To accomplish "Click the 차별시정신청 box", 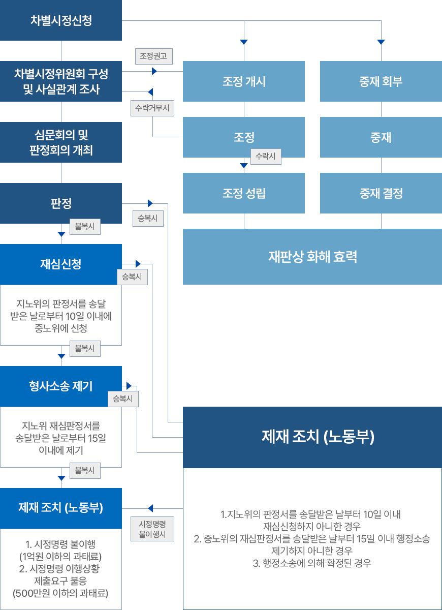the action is pyautogui.click(x=61, y=20).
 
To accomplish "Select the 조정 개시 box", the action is pyautogui.click(x=243, y=81).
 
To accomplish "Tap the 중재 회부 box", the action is pyautogui.click(x=381, y=81).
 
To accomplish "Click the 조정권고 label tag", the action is pyautogui.click(x=154, y=56).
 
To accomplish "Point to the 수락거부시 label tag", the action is pyautogui.click(x=152, y=108).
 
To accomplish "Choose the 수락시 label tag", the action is pyautogui.click(x=266, y=157).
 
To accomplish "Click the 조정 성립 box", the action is pyautogui.click(x=243, y=193).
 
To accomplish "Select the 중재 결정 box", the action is pyautogui.click(x=381, y=193).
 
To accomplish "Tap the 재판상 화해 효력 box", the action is pyautogui.click(x=312, y=257).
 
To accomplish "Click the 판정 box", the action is pyautogui.click(x=61, y=203).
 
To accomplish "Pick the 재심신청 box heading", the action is pyautogui.click(x=61, y=264).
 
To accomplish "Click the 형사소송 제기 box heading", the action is pyautogui.click(x=61, y=386).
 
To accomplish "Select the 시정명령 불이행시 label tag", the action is pyautogui.click(x=152, y=529).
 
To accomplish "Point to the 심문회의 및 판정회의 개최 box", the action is pyautogui.click(x=61, y=142).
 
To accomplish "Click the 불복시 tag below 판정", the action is pyautogui.click(x=85, y=227).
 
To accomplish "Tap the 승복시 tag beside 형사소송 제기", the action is pyautogui.click(x=123, y=399).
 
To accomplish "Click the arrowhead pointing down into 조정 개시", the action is pyautogui.click(x=244, y=42).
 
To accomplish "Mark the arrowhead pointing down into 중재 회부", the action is pyautogui.click(x=381, y=42).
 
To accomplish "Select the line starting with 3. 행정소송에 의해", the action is pyautogui.click(x=312, y=563).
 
